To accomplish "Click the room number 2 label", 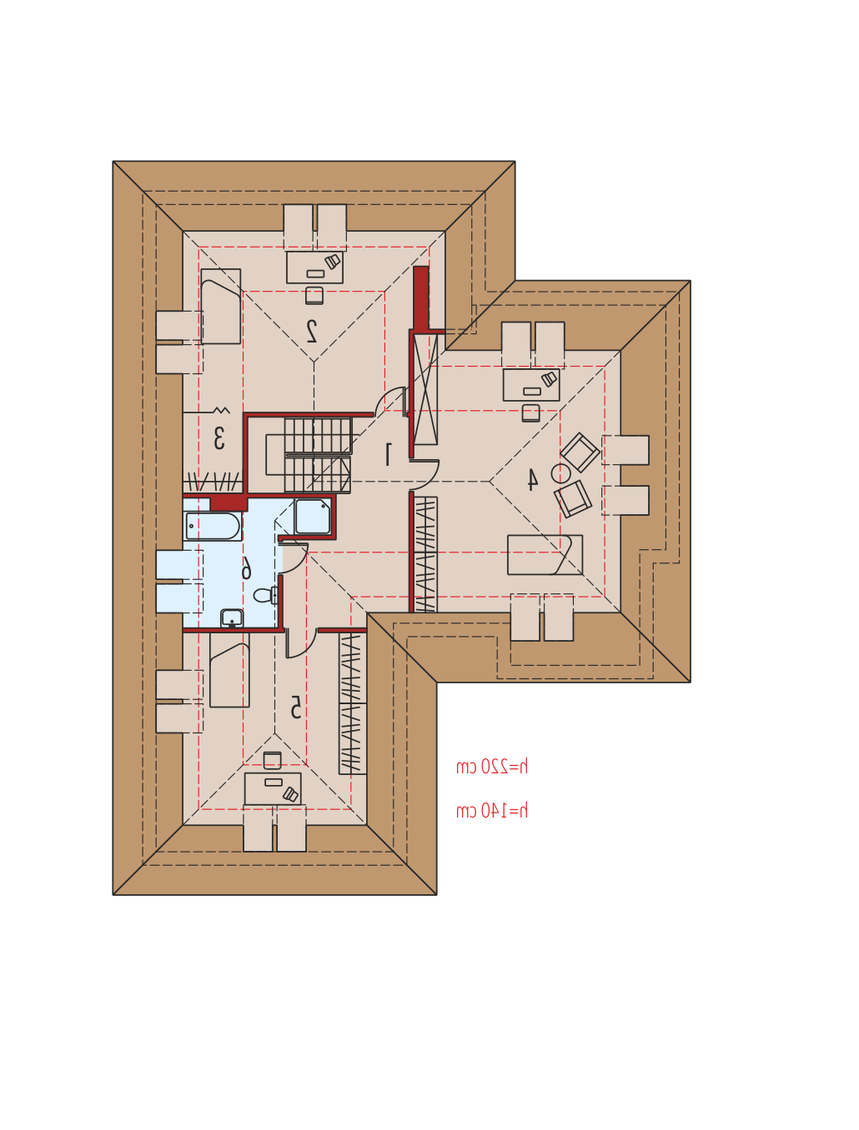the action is pyautogui.click(x=312, y=331).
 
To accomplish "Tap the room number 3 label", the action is pyautogui.click(x=219, y=438).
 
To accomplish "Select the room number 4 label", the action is pyautogui.click(x=533, y=479).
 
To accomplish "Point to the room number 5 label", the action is pyautogui.click(x=295, y=707).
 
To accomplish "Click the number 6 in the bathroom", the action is pyautogui.click(x=247, y=567).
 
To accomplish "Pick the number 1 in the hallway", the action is pyautogui.click(x=389, y=454).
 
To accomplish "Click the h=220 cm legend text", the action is pyautogui.click(x=492, y=767).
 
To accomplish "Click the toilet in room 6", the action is pyautogui.click(x=265, y=596).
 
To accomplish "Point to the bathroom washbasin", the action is pyautogui.click(x=232, y=617).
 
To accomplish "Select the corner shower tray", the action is pyautogui.click(x=313, y=516).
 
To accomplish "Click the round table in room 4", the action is pyautogui.click(x=560, y=473).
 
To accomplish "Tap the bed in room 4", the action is pyautogui.click(x=545, y=554).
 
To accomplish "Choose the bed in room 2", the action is pyautogui.click(x=220, y=306).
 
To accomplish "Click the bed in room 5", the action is pyautogui.click(x=229, y=669).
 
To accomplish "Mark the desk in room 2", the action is pyautogui.click(x=314, y=267).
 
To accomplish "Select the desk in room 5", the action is pyautogui.click(x=273, y=788).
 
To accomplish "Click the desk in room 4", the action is pyautogui.click(x=531, y=384).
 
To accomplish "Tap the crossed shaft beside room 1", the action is pyautogui.click(x=425, y=388).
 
